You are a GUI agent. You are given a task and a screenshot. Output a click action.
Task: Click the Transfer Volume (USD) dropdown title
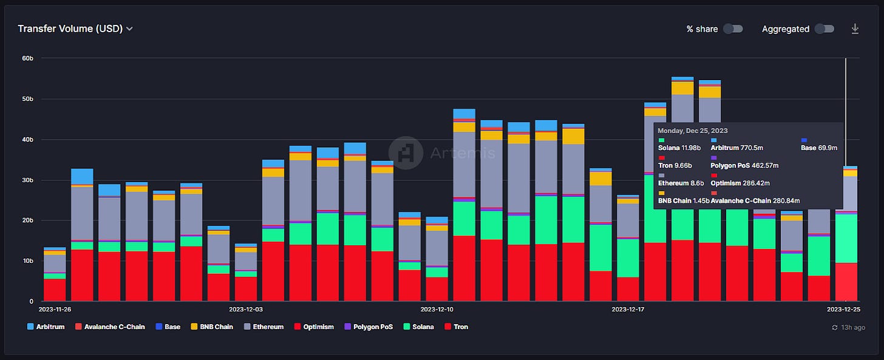click(x=75, y=29)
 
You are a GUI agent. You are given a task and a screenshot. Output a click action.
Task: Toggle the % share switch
click(x=733, y=29)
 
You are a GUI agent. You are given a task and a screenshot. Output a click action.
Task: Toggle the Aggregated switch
click(x=824, y=29)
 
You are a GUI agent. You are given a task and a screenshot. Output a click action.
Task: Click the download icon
click(x=855, y=29)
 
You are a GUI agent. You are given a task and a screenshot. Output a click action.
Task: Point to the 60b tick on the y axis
click(x=28, y=58)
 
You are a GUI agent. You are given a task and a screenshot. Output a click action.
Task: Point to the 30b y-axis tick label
click(x=28, y=180)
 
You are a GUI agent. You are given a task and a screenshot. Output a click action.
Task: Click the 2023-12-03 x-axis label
click(x=246, y=310)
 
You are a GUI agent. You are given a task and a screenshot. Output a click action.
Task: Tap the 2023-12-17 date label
click(x=628, y=310)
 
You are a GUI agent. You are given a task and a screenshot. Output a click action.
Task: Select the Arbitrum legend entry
click(x=46, y=327)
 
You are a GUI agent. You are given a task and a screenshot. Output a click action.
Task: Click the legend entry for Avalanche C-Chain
click(x=110, y=327)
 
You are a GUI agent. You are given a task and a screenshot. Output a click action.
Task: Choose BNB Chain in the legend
click(x=212, y=327)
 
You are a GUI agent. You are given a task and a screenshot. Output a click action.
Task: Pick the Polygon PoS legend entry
click(x=369, y=327)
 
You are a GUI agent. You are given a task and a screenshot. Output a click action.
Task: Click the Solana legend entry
click(x=419, y=327)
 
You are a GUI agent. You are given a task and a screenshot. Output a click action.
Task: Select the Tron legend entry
click(x=456, y=327)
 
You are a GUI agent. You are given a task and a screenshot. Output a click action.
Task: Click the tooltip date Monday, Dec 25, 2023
click(x=693, y=131)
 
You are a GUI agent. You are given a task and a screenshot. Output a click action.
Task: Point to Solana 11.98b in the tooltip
click(x=679, y=148)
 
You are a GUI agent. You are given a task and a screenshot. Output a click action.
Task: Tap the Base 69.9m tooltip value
click(x=819, y=148)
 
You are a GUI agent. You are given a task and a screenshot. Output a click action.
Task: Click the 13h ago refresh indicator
click(x=849, y=327)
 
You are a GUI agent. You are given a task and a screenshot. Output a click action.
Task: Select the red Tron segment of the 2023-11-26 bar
click(x=55, y=290)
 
